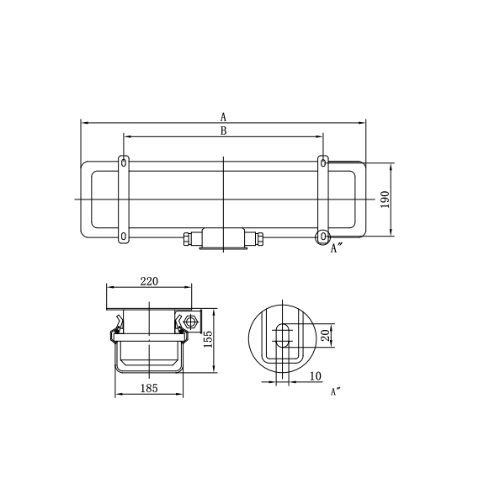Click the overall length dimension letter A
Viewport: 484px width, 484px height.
click(x=223, y=116)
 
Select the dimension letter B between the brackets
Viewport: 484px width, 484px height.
click(x=223, y=130)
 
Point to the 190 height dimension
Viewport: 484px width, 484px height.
click(x=386, y=199)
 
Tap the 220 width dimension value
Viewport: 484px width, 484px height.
click(x=149, y=282)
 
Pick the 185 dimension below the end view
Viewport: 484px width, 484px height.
click(x=148, y=389)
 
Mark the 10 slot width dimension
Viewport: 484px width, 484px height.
click(x=315, y=376)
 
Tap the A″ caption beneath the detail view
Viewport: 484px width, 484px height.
click(x=336, y=391)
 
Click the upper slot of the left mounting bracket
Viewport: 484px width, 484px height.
click(x=124, y=161)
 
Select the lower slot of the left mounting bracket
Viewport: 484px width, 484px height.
click(x=124, y=237)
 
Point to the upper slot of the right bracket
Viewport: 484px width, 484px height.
click(x=322, y=161)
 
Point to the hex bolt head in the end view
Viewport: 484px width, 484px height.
click(x=190, y=322)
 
